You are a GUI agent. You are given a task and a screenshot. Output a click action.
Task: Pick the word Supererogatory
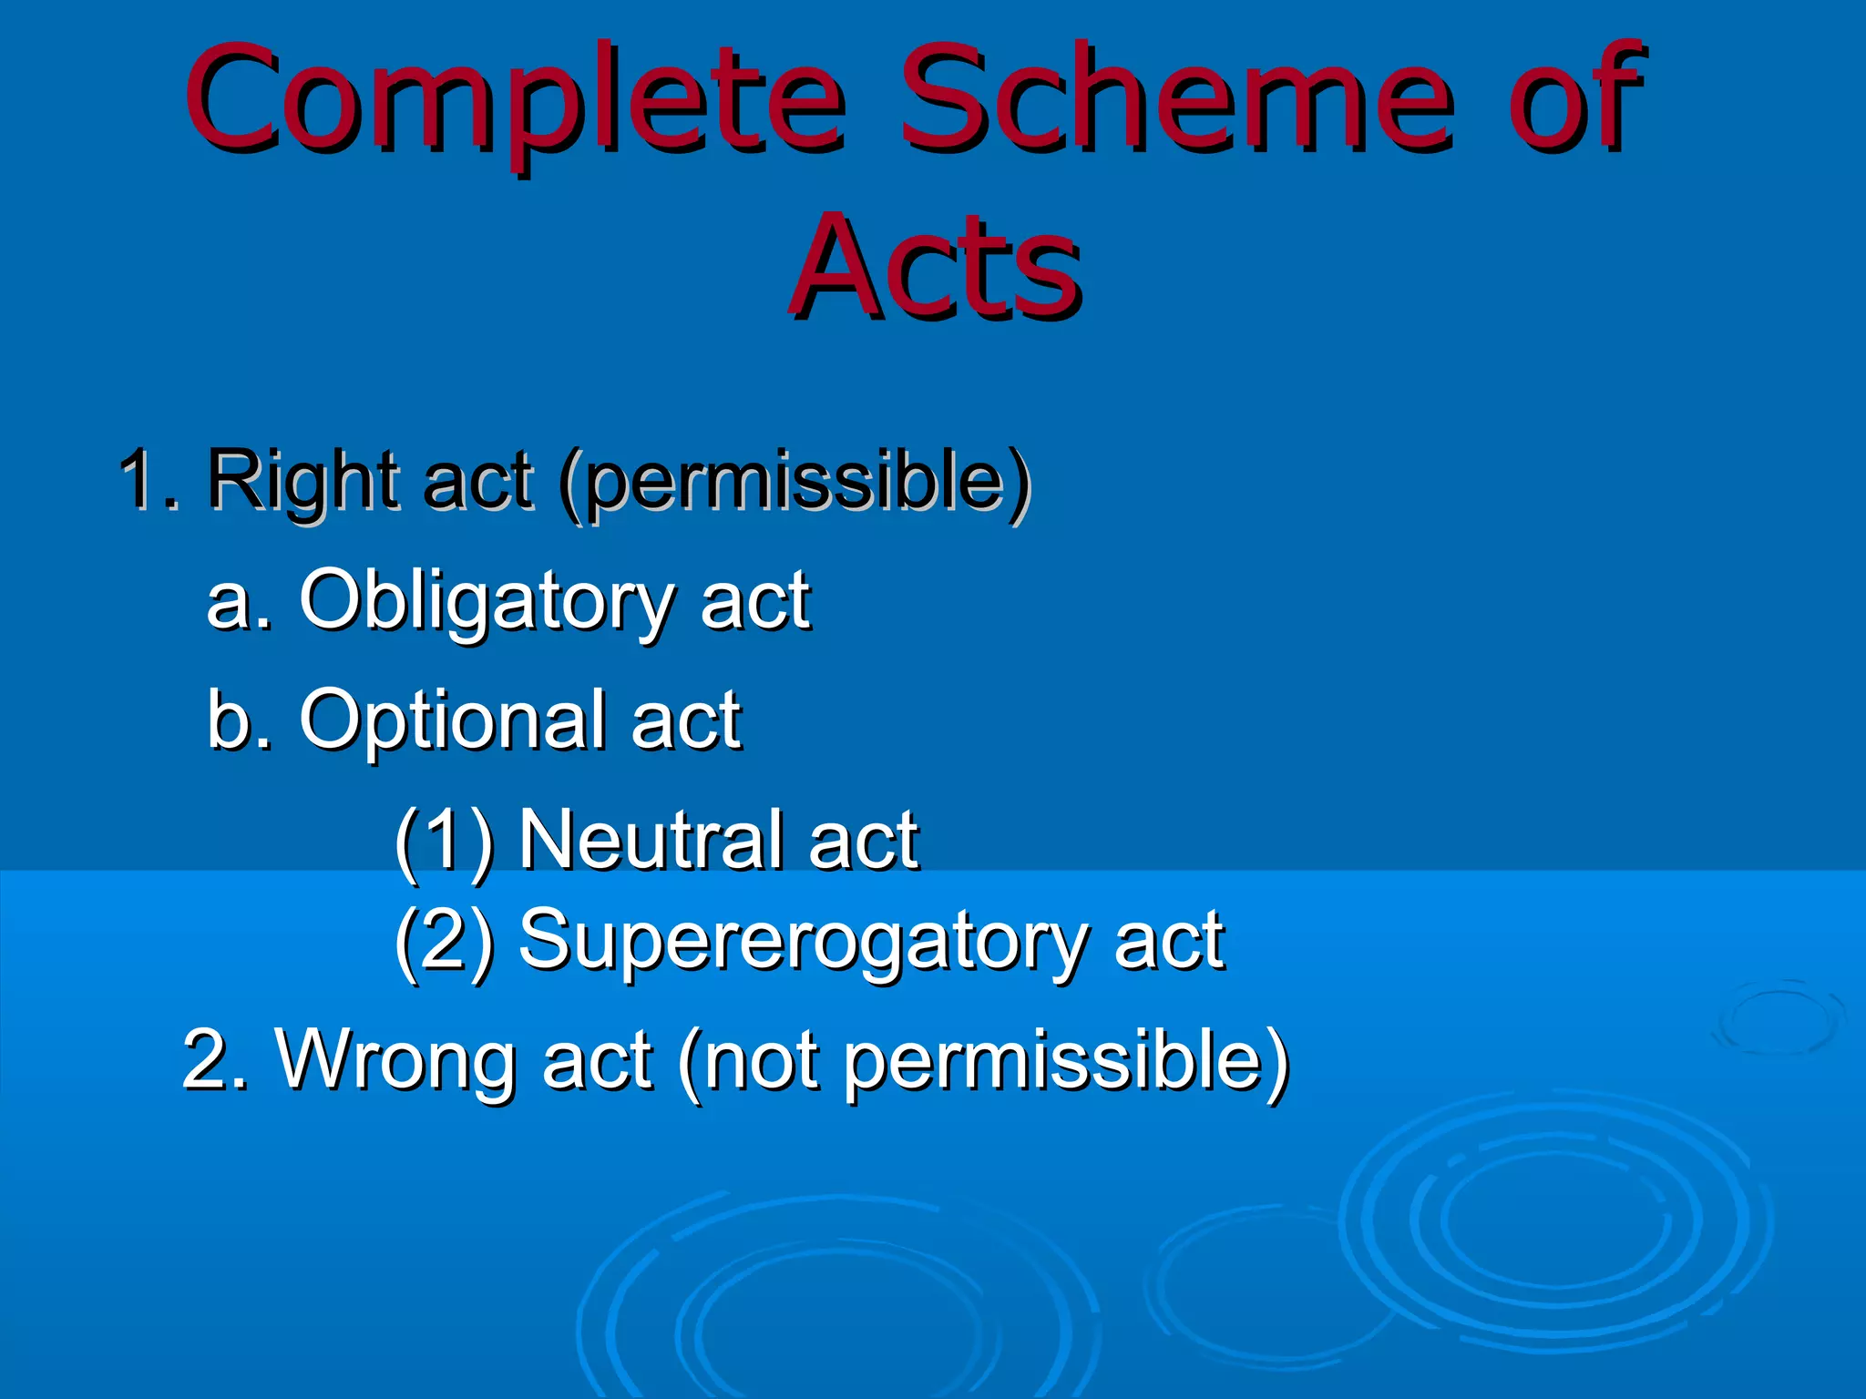point(802,943)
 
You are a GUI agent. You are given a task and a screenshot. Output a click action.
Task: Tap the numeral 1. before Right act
point(150,479)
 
